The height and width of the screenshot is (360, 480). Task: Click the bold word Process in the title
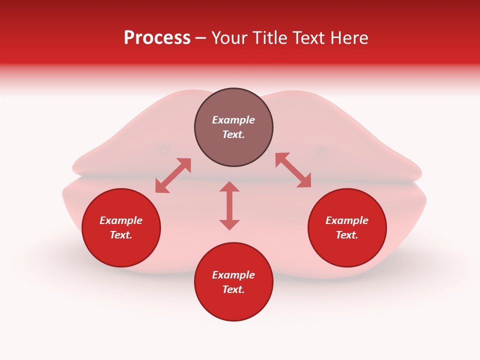click(x=157, y=38)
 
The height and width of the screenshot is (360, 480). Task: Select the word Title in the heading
click(x=270, y=38)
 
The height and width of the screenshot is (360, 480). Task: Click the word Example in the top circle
click(x=233, y=120)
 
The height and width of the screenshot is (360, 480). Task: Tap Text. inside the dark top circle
click(x=233, y=134)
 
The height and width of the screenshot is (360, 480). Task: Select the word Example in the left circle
click(x=121, y=220)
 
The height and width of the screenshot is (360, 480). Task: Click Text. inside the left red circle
click(x=121, y=235)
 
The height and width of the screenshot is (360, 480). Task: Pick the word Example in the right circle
click(x=347, y=220)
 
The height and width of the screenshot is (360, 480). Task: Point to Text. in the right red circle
click(x=347, y=235)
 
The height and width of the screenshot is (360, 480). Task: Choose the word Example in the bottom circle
click(x=233, y=275)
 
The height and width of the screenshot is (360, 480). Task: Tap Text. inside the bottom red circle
click(x=233, y=289)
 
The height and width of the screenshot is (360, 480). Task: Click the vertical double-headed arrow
click(x=229, y=205)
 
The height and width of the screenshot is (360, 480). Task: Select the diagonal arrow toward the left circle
click(x=173, y=175)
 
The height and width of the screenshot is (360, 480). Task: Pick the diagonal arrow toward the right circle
click(x=293, y=170)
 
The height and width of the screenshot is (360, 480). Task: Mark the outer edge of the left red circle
click(x=82, y=228)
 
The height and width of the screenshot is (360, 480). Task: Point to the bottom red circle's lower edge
click(x=233, y=320)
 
